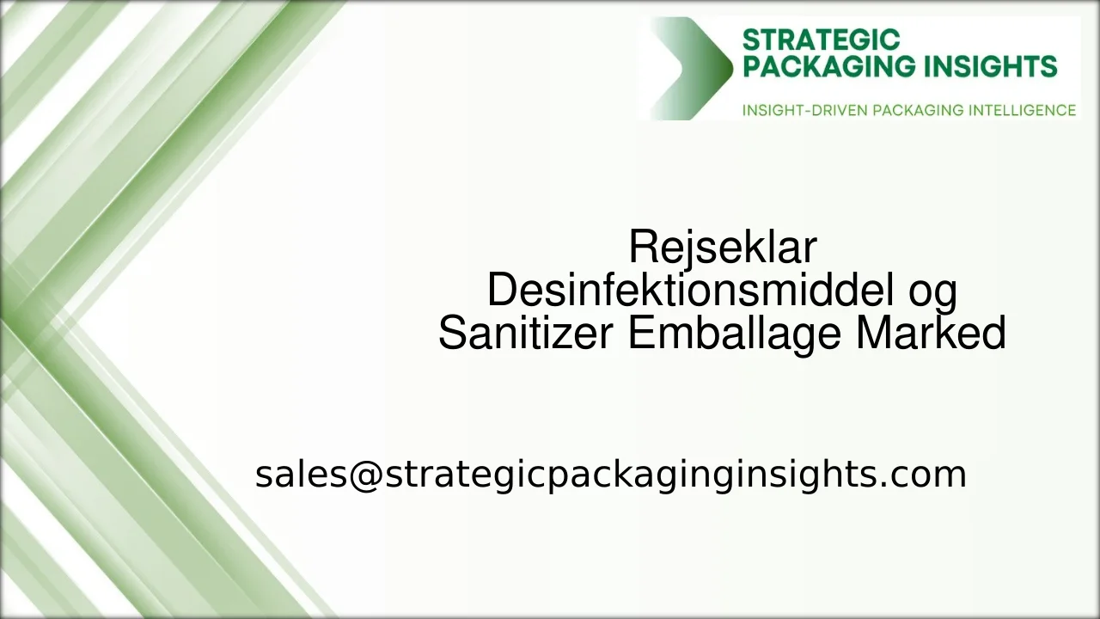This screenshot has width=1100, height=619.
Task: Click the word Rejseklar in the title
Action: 722,248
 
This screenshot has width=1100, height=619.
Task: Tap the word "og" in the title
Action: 932,292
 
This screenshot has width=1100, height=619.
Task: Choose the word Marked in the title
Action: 931,334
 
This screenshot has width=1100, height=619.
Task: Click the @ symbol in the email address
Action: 365,475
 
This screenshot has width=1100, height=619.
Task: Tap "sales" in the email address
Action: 300,475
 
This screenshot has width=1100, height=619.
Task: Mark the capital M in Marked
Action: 871,334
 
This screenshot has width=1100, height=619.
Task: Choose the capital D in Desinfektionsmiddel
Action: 501,291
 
